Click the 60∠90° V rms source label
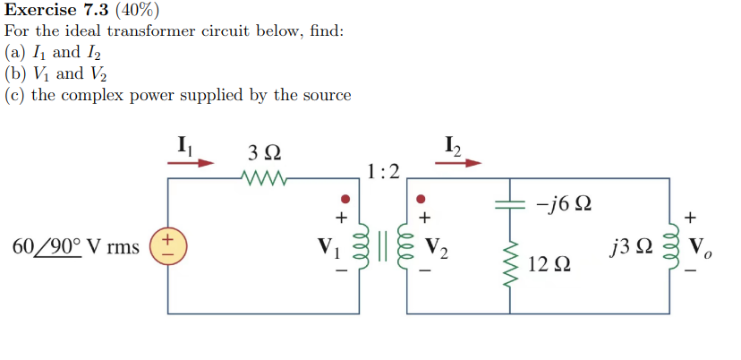pyautogui.click(x=75, y=246)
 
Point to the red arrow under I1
pyautogui.click(x=192, y=163)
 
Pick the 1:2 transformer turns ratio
pyautogui.click(x=383, y=170)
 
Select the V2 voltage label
pyautogui.click(x=438, y=246)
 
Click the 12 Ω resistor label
pyautogui.click(x=549, y=264)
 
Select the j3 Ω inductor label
pyautogui.click(x=630, y=246)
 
